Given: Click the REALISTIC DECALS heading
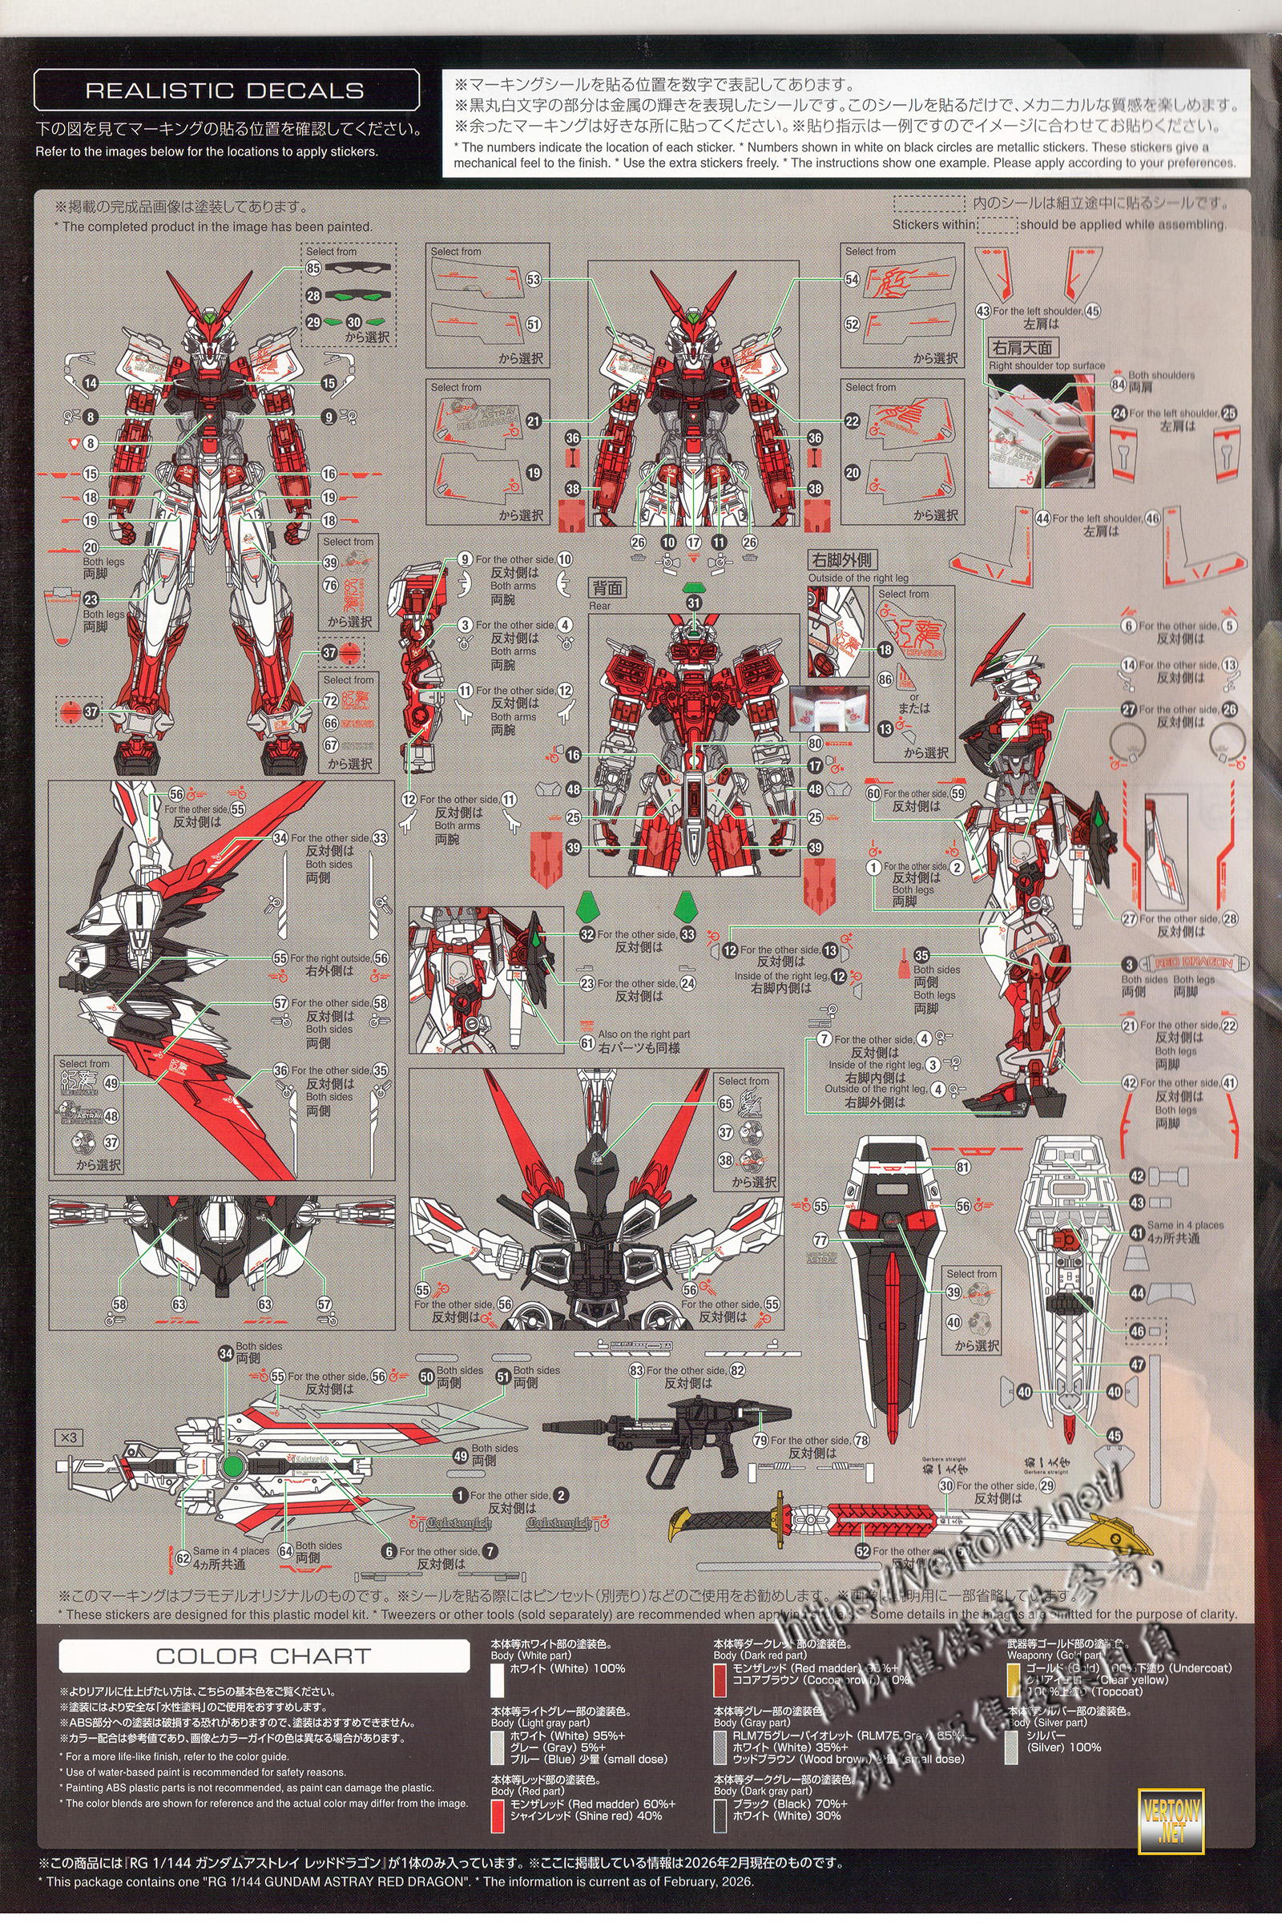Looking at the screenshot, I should click(225, 90).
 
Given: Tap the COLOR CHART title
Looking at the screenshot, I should click(264, 1656).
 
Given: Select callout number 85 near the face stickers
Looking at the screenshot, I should click(313, 268).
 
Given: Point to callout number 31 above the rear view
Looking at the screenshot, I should click(693, 603).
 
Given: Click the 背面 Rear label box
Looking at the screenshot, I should click(607, 588).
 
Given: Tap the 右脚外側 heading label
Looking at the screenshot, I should click(841, 560).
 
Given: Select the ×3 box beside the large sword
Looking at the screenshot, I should click(69, 1437).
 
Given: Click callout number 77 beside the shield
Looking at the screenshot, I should click(820, 1240).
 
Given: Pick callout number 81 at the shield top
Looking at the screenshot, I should click(962, 1167).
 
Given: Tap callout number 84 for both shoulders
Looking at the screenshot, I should click(1118, 384).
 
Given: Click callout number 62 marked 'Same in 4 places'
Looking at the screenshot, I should click(183, 1558).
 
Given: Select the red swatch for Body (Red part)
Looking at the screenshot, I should click(497, 1815).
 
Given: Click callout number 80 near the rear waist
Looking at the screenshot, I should click(814, 744).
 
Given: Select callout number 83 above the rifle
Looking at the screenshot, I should click(636, 1371).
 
